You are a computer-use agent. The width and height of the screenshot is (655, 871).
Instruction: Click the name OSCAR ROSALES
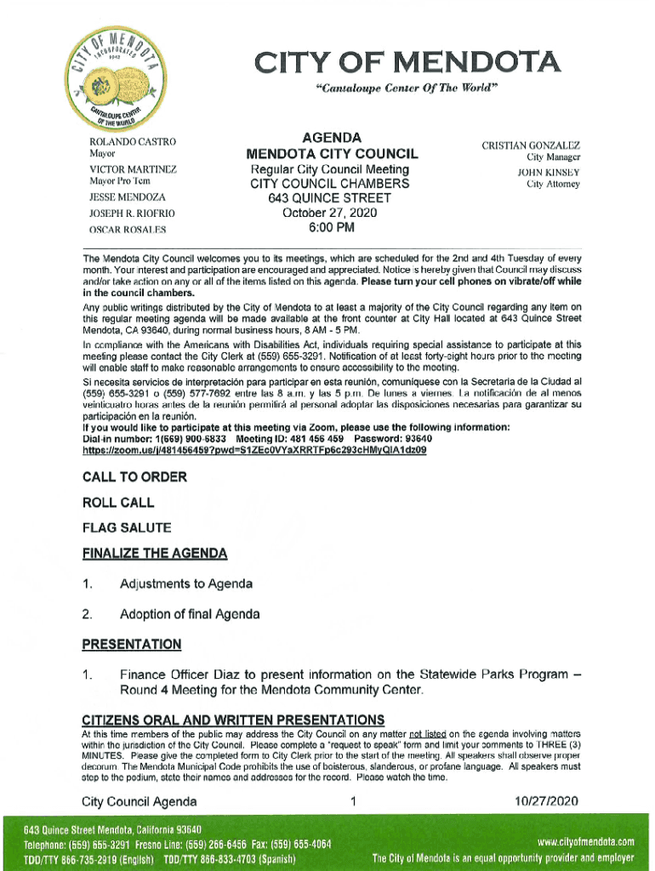click(x=128, y=230)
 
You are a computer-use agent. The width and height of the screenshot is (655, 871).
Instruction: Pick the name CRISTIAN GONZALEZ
click(x=531, y=145)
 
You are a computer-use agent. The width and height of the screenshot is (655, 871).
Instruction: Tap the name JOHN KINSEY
click(x=549, y=171)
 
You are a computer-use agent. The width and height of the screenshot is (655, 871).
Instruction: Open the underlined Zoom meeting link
click(x=254, y=450)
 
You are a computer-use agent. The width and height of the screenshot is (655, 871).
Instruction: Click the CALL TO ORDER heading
click(x=134, y=477)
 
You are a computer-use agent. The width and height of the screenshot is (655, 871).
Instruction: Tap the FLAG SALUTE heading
click(x=127, y=528)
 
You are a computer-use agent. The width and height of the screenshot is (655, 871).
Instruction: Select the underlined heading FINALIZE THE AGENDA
click(x=155, y=555)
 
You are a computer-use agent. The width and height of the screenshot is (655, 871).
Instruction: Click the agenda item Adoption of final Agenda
click(x=190, y=614)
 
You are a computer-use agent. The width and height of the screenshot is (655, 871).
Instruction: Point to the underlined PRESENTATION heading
click(x=132, y=645)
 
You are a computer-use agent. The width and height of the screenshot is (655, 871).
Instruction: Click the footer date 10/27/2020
click(x=546, y=801)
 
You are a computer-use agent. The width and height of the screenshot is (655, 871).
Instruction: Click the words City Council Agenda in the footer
click(x=140, y=801)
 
